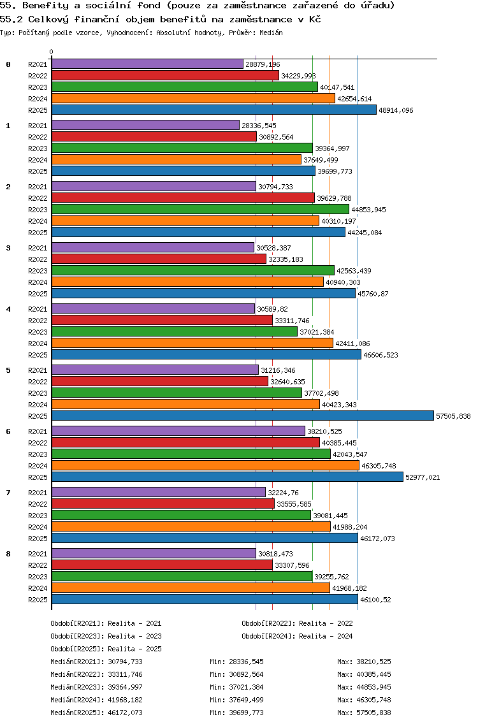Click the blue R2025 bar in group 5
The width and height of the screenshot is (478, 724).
click(242, 416)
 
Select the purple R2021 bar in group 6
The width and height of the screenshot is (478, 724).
click(178, 431)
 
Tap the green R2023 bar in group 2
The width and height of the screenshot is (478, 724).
click(200, 210)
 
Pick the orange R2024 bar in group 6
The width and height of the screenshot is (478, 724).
click(205, 466)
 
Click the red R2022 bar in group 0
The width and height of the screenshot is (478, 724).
click(165, 76)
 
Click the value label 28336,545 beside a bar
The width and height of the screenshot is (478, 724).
click(259, 126)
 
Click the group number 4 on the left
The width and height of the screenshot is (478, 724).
click(8, 309)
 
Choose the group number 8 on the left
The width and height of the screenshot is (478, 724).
click(8, 554)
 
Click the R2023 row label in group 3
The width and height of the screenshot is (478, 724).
click(38, 271)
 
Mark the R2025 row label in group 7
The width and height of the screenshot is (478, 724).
click(38, 539)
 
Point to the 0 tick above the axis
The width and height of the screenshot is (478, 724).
click(52, 52)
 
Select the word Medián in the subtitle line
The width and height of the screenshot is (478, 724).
click(272, 32)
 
